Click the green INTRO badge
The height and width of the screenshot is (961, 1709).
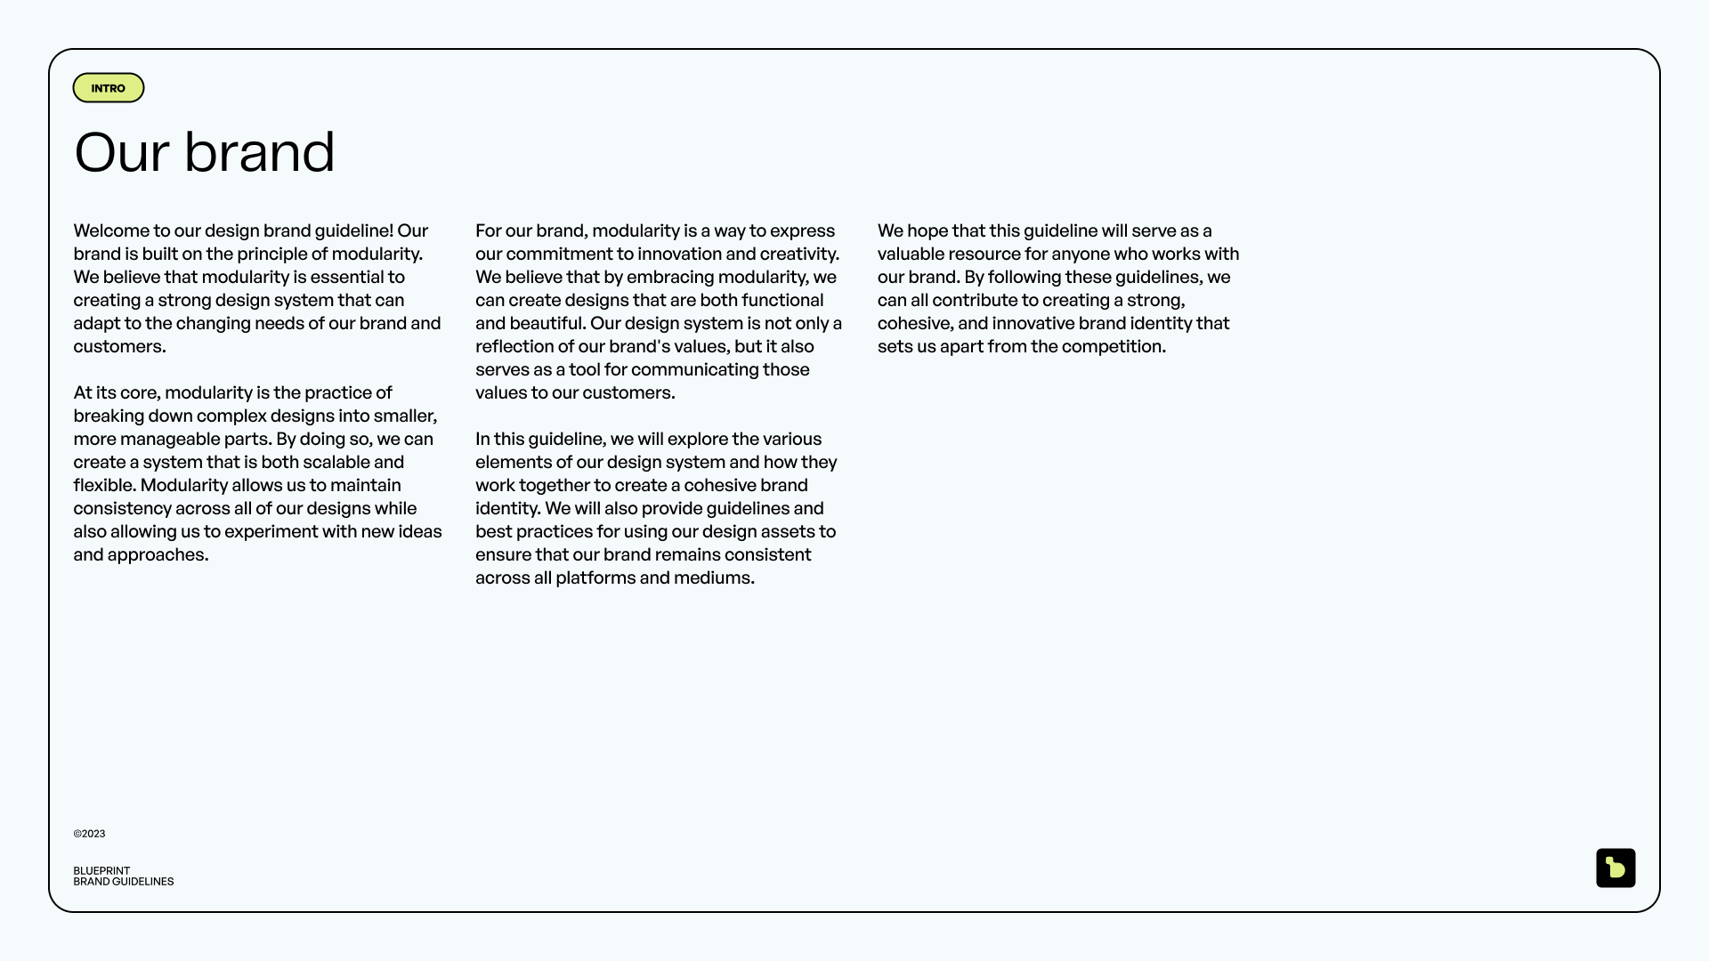click(109, 88)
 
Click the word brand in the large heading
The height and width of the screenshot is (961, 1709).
click(259, 152)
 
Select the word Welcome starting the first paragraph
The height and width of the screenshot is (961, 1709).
click(111, 231)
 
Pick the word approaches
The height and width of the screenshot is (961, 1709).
click(158, 555)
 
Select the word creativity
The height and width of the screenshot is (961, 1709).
click(799, 254)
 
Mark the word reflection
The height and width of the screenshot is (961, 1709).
click(514, 347)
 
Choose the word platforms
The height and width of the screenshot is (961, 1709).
click(595, 578)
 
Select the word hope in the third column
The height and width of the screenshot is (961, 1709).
click(927, 231)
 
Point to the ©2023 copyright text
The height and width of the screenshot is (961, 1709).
click(89, 834)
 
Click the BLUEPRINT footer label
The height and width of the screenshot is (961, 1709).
click(101, 871)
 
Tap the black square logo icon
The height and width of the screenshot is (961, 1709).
click(1616, 868)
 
